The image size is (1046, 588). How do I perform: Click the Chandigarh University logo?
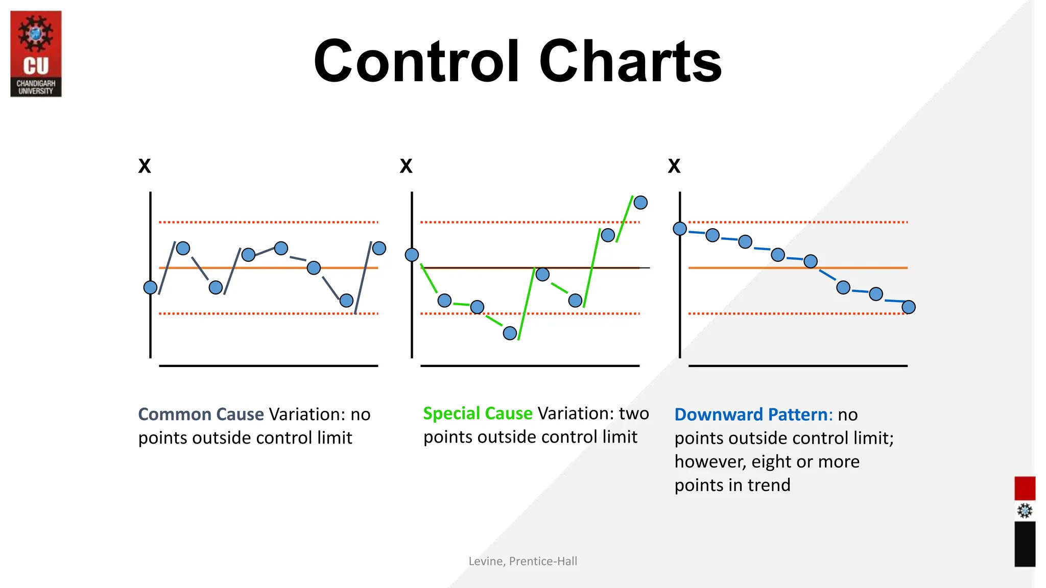point(36,54)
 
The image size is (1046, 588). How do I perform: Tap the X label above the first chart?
point(145,166)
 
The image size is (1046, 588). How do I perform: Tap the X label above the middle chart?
point(406,166)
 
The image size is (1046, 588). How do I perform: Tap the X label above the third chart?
point(674,166)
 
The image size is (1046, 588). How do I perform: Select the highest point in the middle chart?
point(640,203)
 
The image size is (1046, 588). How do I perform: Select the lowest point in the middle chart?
point(510,333)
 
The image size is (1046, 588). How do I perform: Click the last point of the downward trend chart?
point(909,307)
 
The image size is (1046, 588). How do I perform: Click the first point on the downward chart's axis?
point(680,229)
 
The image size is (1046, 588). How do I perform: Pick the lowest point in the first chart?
point(346,301)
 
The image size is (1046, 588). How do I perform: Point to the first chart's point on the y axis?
point(150,287)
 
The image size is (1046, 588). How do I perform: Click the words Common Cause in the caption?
point(201,414)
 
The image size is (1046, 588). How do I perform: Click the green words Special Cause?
point(478,413)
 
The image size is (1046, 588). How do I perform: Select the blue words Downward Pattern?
point(751,414)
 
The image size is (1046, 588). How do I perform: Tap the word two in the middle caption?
point(634,413)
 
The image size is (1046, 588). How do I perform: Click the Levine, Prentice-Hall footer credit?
point(522,561)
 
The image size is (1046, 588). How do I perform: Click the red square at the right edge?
point(1025,488)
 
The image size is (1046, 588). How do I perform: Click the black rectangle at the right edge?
point(1025,544)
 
